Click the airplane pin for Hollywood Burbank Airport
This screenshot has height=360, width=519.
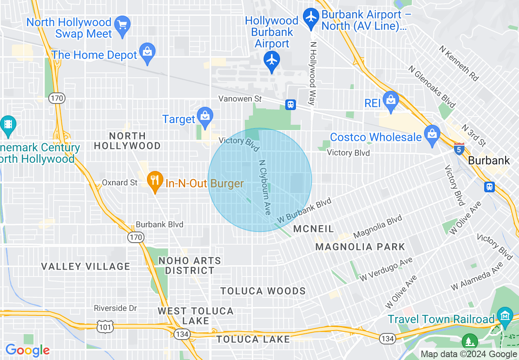click(x=272, y=61)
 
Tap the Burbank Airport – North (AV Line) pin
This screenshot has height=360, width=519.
click(x=312, y=18)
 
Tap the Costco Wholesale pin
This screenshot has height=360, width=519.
click(x=432, y=135)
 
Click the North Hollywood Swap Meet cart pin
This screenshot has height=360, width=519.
click(x=122, y=25)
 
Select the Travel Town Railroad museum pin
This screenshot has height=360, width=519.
click(x=506, y=316)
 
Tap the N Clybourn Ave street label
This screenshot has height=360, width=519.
click(x=264, y=187)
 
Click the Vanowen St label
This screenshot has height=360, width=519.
click(x=239, y=99)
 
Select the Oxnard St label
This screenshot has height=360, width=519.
click(x=120, y=182)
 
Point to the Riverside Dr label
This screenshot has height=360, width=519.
click(x=115, y=308)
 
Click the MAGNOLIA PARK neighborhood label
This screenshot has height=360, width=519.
click(x=360, y=247)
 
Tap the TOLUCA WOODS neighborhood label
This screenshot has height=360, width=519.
click(x=263, y=291)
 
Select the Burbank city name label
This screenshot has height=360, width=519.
click(x=489, y=160)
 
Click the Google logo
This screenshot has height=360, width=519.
click(x=27, y=350)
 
